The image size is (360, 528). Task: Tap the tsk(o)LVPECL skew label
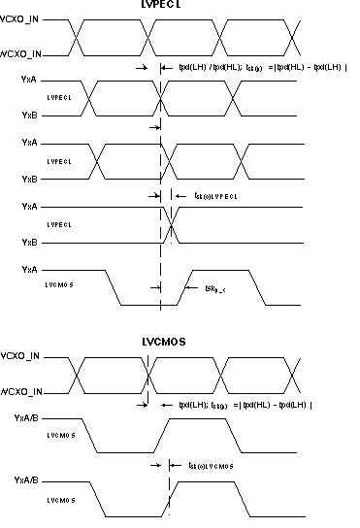click(209, 196)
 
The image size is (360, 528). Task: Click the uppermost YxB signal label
click(30, 114)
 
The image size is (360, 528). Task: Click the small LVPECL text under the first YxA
click(61, 97)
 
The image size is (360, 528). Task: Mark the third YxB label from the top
click(30, 242)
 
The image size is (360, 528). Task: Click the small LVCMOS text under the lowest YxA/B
click(61, 497)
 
